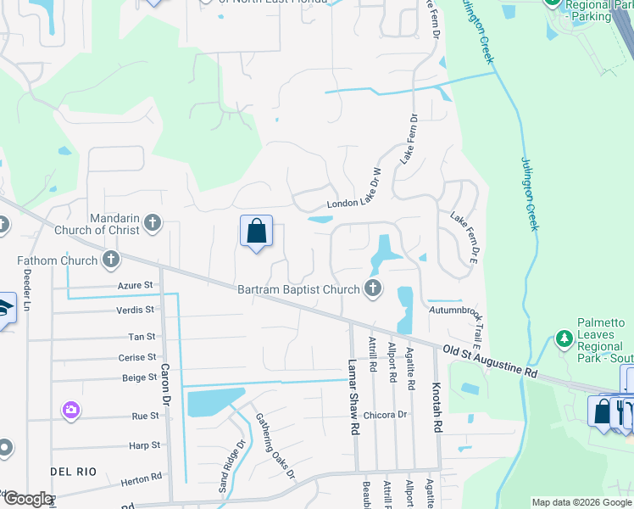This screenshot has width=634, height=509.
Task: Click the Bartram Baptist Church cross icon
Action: tap(372, 289)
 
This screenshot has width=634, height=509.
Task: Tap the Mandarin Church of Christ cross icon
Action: tap(153, 223)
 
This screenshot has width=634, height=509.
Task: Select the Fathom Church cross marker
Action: tap(110, 260)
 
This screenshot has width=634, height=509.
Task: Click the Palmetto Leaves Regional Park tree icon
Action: tap(564, 340)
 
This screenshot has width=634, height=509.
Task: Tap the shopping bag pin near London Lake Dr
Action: tap(256, 232)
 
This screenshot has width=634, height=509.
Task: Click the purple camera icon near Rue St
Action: tap(71, 411)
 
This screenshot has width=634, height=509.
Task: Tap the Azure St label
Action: tap(136, 286)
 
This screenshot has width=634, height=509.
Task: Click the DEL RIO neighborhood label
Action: tap(73, 471)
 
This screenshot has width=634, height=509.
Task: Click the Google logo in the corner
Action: tap(29, 499)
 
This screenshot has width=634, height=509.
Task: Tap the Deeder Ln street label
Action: tap(28, 288)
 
